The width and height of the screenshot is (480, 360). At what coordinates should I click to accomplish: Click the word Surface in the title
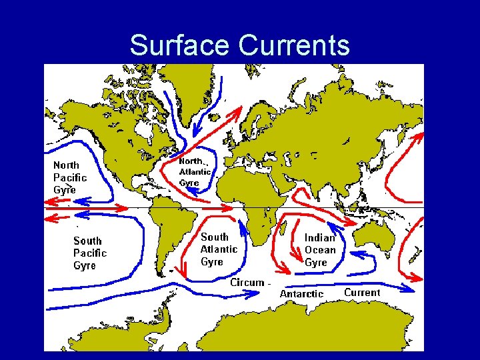coord(179,45)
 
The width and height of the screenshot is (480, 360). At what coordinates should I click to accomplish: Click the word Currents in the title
coord(293,45)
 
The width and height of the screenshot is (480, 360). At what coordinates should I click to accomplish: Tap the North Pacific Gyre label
coord(69,177)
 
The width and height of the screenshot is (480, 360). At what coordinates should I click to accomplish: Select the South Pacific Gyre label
coord(89,253)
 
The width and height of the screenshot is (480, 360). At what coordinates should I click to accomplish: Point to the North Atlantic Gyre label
coord(195,172)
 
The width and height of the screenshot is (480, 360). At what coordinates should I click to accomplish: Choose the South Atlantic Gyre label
coord(219,249)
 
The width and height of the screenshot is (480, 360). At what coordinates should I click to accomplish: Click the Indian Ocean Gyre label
coord(320,250)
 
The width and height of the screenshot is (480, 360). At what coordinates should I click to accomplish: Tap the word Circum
coord(247,283)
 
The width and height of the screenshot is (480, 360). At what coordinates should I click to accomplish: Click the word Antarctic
coord(301,294)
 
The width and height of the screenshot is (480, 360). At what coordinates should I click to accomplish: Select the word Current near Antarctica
coord(362,293)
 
